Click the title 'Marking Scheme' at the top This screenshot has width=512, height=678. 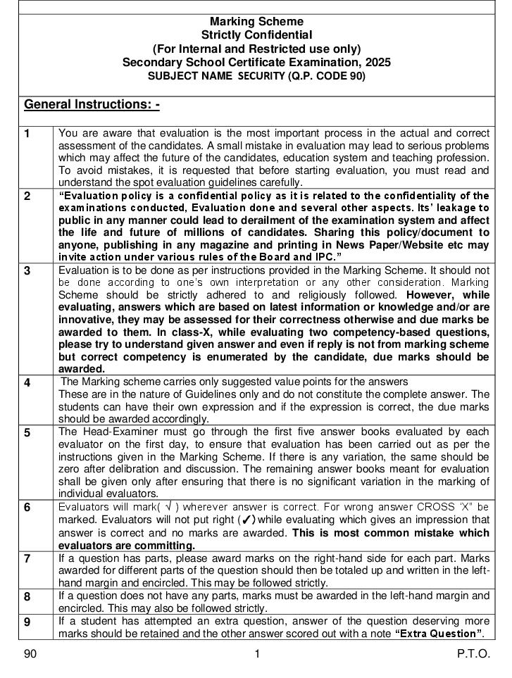click(256, 22)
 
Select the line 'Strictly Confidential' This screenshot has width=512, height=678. click(256, 35)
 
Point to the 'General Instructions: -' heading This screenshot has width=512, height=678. click(92, 105)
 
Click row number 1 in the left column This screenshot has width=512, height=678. click(27, 134)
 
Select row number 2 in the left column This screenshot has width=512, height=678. click(27, 196)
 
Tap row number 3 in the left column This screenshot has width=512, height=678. click(27, 271)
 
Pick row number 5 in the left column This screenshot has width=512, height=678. click(27, 433)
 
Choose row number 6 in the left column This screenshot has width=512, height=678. click(27, 508)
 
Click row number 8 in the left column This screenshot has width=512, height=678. click(27, 597)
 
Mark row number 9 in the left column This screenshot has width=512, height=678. click(27, 622)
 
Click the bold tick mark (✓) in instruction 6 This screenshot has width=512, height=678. click(246, 520)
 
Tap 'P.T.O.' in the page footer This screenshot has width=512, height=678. click(473, 654)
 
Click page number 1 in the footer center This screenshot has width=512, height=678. click(257, 654)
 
